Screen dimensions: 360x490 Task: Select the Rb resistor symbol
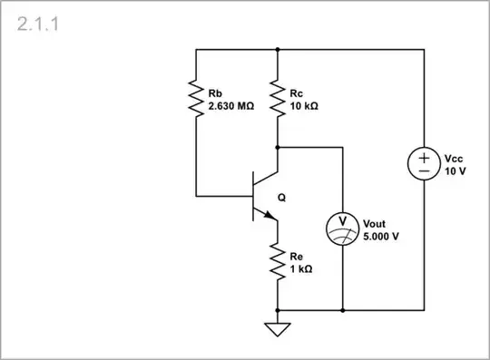tap(195, 98)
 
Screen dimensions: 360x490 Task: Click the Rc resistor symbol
tap(277, 98)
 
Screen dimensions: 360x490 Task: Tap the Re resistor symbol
tap(277, 263)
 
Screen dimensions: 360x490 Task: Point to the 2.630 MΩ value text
tap(231, 105)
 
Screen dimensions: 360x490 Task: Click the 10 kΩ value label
tap(304, 105)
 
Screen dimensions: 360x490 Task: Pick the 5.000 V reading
tap(381, 236)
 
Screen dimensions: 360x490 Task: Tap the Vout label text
tap(374, 223)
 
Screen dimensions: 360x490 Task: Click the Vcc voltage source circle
tap(424, 163)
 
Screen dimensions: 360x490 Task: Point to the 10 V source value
tap(456, 170)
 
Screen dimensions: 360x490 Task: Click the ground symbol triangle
tap(277, 328)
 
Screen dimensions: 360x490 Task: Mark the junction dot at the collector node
tap(277, 145)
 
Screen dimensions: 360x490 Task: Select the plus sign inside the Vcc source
tap(424, 156)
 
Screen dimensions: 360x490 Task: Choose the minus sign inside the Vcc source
tap(424, 170)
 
